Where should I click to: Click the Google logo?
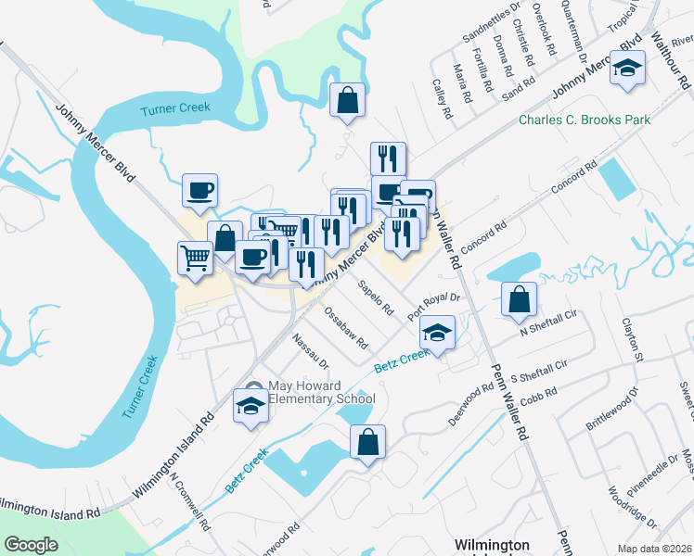[31, 545]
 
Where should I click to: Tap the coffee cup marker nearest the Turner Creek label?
[199, 190]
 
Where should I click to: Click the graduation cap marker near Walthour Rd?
[627, 69]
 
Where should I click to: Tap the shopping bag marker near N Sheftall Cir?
[519, 298]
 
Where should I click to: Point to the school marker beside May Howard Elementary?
[250, 406]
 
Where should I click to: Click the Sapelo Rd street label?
[377, 295]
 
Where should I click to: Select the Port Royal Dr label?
[434, 308]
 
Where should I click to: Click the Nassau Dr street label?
[311, 350]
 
